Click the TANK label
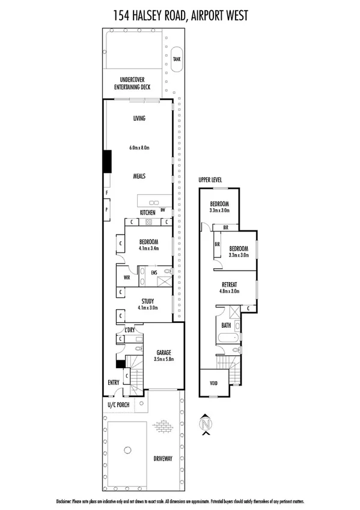click(176, 59)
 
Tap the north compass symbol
click(207, 422)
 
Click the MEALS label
click(139, 176)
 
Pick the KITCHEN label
click(148, 213)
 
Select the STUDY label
click(148, 301)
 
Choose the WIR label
click(127, 278)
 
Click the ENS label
click(154, 272)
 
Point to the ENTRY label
click(113, 382)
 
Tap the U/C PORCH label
click(118, 405)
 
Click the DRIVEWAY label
click(162, 459)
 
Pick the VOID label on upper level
click(213, 383)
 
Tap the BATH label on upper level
click(226, 325)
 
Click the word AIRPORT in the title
click(219, 14)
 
